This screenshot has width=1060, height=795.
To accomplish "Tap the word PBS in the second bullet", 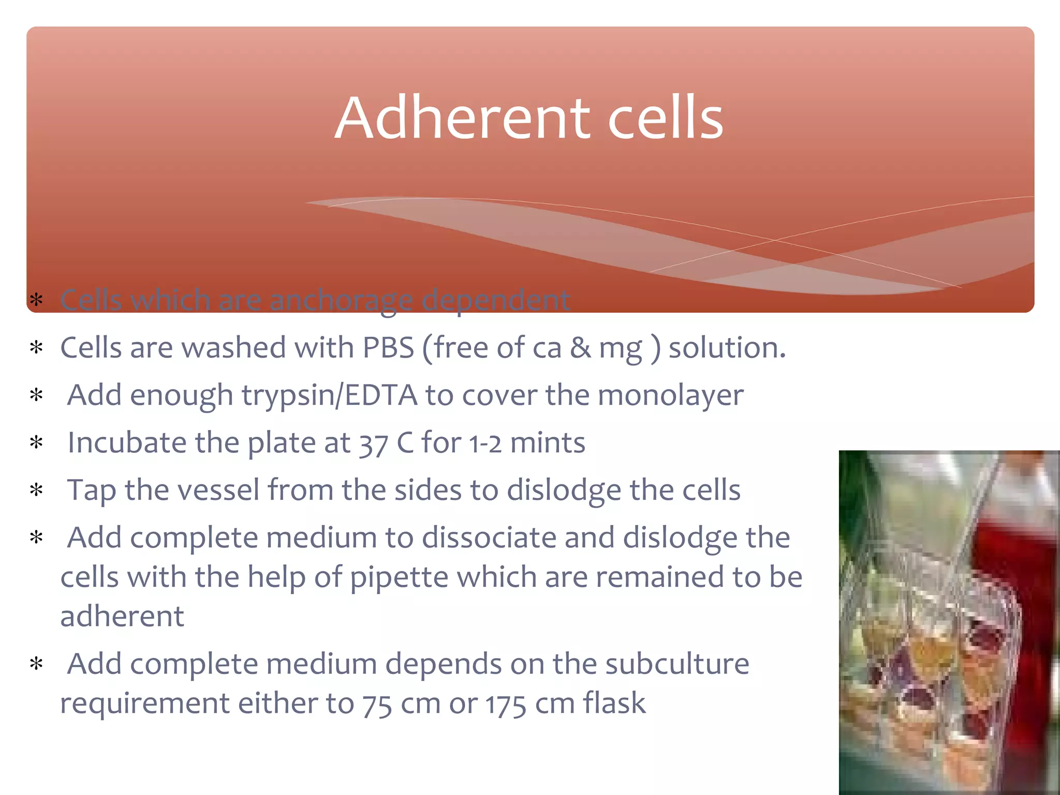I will (x=388, y=348).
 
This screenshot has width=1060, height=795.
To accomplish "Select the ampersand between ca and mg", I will (x=581, y=348).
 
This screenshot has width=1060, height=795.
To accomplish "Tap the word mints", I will (x=548, y=444).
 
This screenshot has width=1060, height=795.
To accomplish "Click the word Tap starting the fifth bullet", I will (x=92, y=491).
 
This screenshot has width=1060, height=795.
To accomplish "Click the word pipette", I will (x=399, y=578).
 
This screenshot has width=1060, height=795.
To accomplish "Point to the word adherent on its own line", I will (x=122, y=616).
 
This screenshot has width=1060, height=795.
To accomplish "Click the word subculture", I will (x=677, y=664).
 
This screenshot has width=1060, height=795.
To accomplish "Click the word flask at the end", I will (x=614, y=703).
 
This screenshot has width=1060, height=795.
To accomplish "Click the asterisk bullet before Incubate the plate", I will (x=36, y=443).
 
